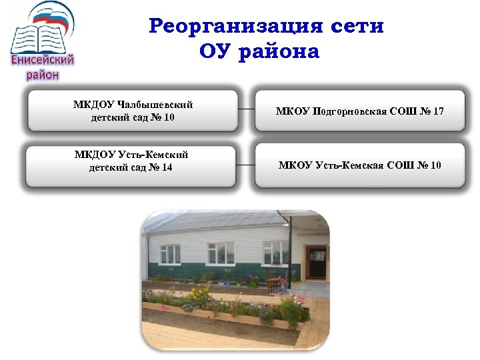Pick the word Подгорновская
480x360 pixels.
346,111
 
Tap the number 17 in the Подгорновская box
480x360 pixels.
438,111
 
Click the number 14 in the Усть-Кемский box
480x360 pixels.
166,167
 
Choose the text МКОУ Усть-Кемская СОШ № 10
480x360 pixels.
359,165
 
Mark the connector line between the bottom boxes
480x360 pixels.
247,165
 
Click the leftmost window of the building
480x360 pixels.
170,254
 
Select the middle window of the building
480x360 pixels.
221,253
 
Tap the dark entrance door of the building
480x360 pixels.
317,263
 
